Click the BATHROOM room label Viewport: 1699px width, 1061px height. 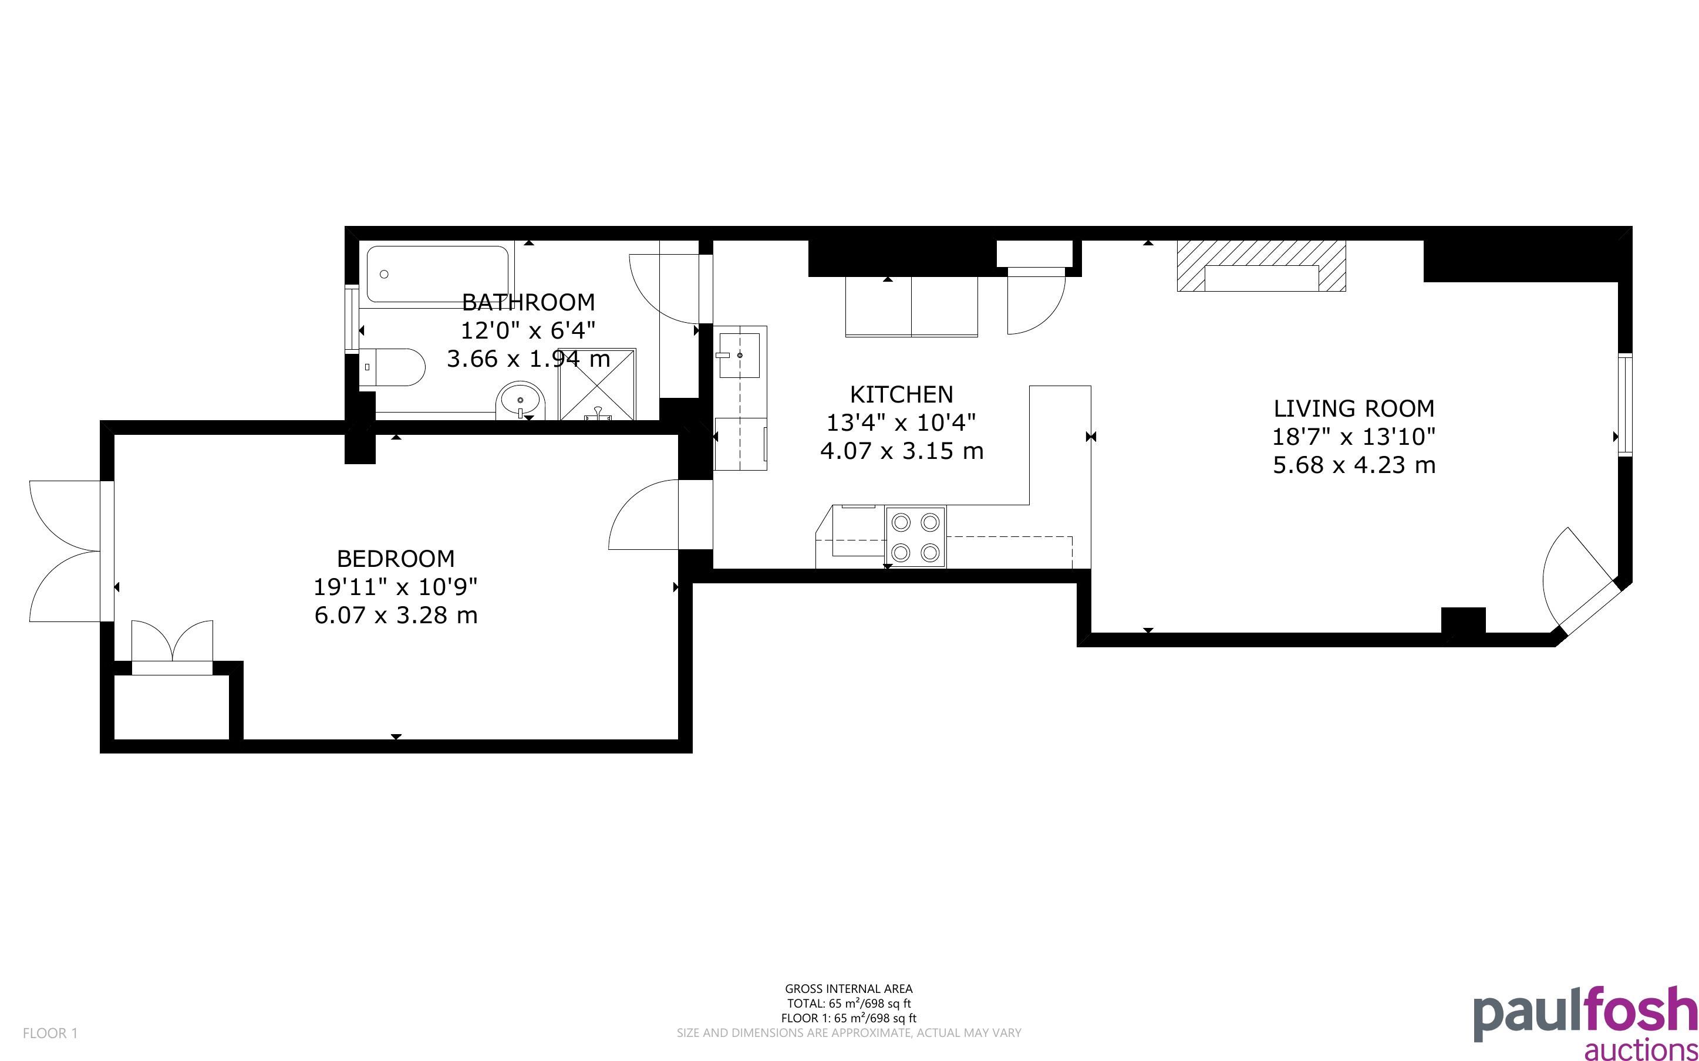click(528, 302)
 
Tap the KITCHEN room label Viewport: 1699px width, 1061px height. click(901, 394)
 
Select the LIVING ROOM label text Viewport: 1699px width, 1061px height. click(1354, 408)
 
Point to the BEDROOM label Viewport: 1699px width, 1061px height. click(396, 559)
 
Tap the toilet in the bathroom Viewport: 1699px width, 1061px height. click(392, 367)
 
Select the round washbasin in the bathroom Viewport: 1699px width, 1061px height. click(521, 401)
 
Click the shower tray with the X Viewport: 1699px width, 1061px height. click(597, 384)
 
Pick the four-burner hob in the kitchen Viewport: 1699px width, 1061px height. click(915, 537)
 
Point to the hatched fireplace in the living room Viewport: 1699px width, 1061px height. click(1261, 266)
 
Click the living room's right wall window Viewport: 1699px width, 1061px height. click(1625, 406)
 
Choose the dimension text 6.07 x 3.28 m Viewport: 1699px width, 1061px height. click(396, 616)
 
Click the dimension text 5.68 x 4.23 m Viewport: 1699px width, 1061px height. click(1354, 465)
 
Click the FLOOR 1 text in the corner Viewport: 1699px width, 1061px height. click(50, 1033)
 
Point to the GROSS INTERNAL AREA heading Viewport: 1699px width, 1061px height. click(848, 989)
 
